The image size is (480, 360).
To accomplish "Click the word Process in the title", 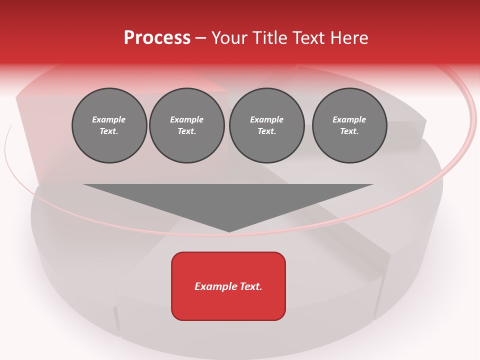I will coord(157,37).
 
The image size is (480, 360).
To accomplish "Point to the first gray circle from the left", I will coord(109,125).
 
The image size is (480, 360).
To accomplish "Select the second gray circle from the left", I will coord(187,125).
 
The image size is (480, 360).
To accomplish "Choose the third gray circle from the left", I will coord(266,125).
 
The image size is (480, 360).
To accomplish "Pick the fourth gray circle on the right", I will coord(349,125).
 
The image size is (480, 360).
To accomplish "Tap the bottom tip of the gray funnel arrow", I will coord(229,230).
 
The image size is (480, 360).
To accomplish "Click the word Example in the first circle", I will coord(109,120).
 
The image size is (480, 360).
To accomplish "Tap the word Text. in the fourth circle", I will coord(349,131).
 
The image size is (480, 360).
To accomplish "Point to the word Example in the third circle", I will coord(266,120).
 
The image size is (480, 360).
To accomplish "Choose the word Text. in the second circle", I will coord(187,131).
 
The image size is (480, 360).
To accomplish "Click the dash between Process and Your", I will coord(200,38).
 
